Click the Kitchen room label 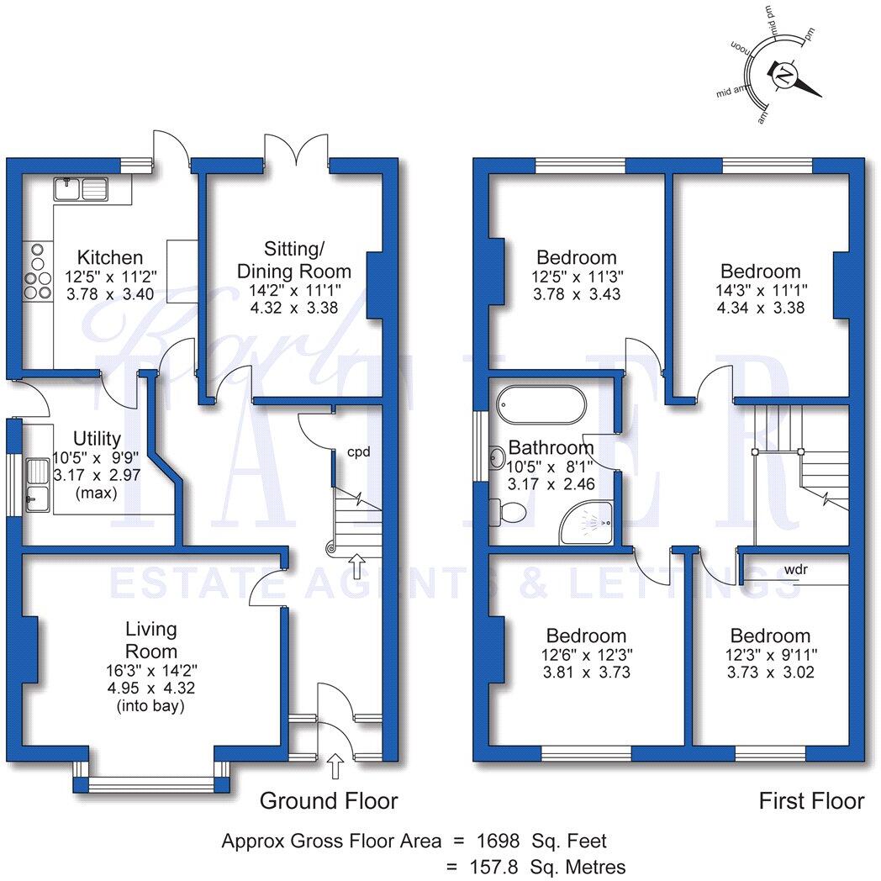(x=110, y=257)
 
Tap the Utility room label (x=97, y=438)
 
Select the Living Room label (x=151, y=640)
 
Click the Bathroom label (x=551, y=448)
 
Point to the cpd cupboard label (x=360, y=451)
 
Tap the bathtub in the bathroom (x=541, y=405)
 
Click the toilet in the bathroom (x=513, y=510)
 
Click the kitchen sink (x=81, y=189)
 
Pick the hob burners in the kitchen (x=38, y=272)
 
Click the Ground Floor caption (x=328, y=800)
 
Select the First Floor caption (x=811, y=800)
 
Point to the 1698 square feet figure (x=502, y=840)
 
